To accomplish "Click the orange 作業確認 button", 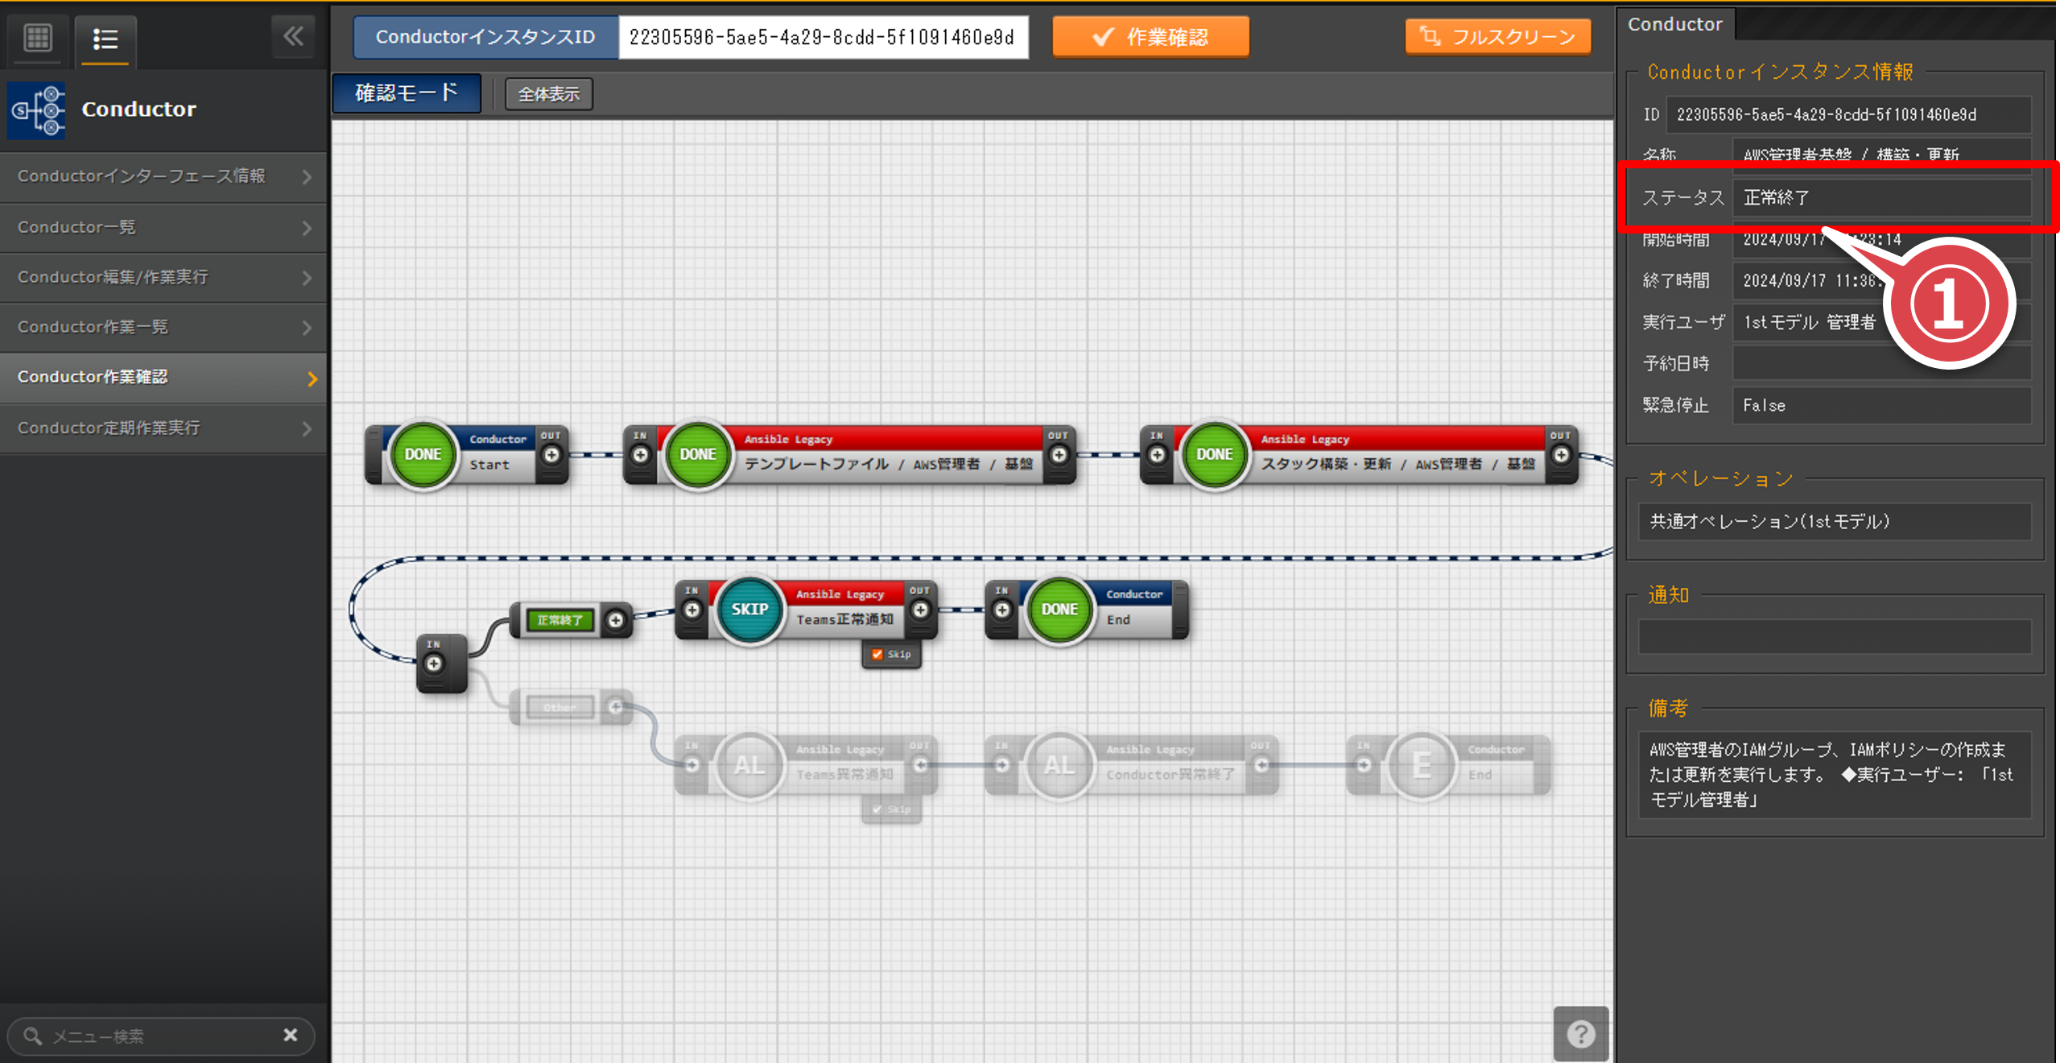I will pyautogui.click(x=1150, y=37).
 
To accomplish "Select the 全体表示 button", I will pyautogui.click(x=548, y=94).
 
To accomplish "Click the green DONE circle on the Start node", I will pyautogui.click(x=423, y=455).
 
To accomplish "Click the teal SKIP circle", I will pyautogui.click(x=749, y=610).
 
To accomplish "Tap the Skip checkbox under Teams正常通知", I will pyautogui.click(x=877, y=654).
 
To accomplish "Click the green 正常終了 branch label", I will pyautogui.click(x=559, y=620).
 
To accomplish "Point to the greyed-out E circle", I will pyautogui.click(x=1422, y=765).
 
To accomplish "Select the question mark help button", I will pyautogui.click(x=1580, y=1034).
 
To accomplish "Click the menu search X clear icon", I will pyautogui.click(x=291, y=1035).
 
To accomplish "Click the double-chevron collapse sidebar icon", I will pyautogui.click(x=293, y=36).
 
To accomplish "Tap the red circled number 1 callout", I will pyautogui.click(x=1948, y=304).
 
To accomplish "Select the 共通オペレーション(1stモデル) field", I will pyautogui.click(x=1834, y=522).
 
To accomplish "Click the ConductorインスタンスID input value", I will pyautogui.click(x=822, y=37).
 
